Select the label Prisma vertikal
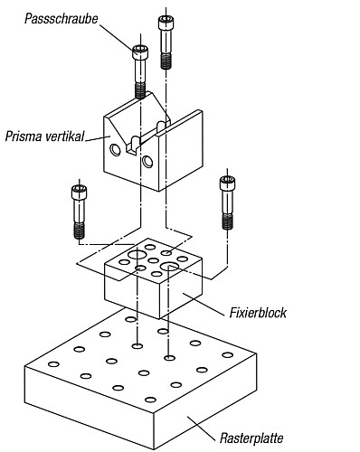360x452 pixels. [43, 137]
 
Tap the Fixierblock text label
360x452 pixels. [256, 314]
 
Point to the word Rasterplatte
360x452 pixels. [252, 438]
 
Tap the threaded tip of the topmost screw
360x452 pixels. [166, 61]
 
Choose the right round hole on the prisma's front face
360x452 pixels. [147, 162]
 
